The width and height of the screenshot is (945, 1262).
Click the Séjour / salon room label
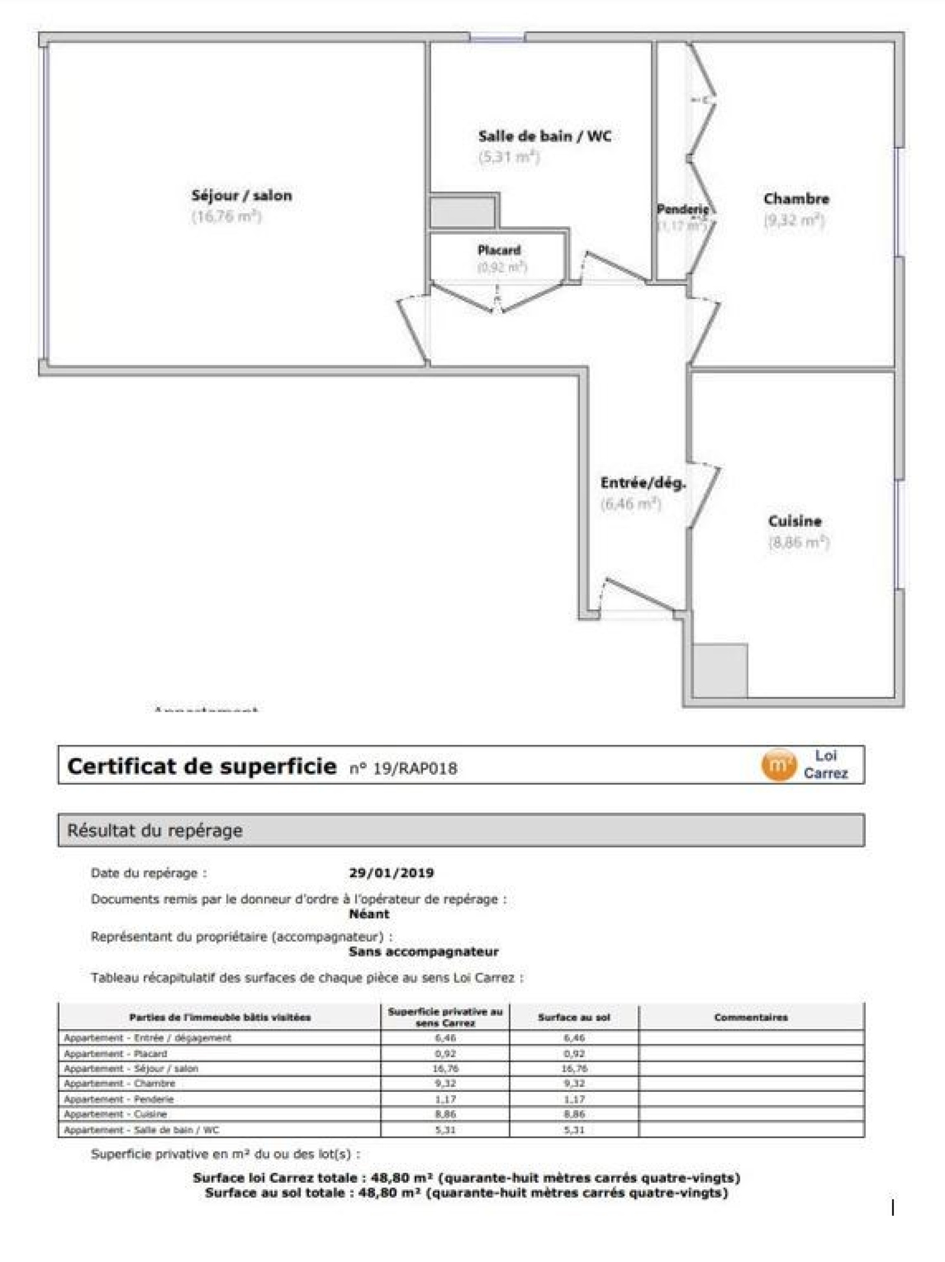242,195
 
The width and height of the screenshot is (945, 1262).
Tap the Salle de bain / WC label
545,136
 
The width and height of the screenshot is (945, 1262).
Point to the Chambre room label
796,199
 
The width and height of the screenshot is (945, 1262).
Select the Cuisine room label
794,521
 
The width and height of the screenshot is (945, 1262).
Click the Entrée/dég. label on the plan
643,483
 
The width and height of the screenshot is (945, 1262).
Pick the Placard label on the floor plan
499,250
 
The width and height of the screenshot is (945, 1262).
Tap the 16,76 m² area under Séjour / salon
226,216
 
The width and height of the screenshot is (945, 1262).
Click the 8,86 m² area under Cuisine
799,542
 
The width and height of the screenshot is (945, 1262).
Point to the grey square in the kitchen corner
719,671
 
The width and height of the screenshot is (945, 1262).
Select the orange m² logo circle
778,765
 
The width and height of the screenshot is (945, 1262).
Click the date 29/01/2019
391,873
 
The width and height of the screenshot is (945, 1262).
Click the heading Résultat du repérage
155,830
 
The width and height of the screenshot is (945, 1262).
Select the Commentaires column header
751,1017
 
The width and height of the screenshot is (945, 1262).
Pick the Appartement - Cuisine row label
116,1114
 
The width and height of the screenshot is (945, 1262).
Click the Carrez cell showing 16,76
445,1068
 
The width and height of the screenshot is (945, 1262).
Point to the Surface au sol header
573,1017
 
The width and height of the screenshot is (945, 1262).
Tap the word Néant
369,914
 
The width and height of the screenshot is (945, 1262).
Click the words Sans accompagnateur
423,952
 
